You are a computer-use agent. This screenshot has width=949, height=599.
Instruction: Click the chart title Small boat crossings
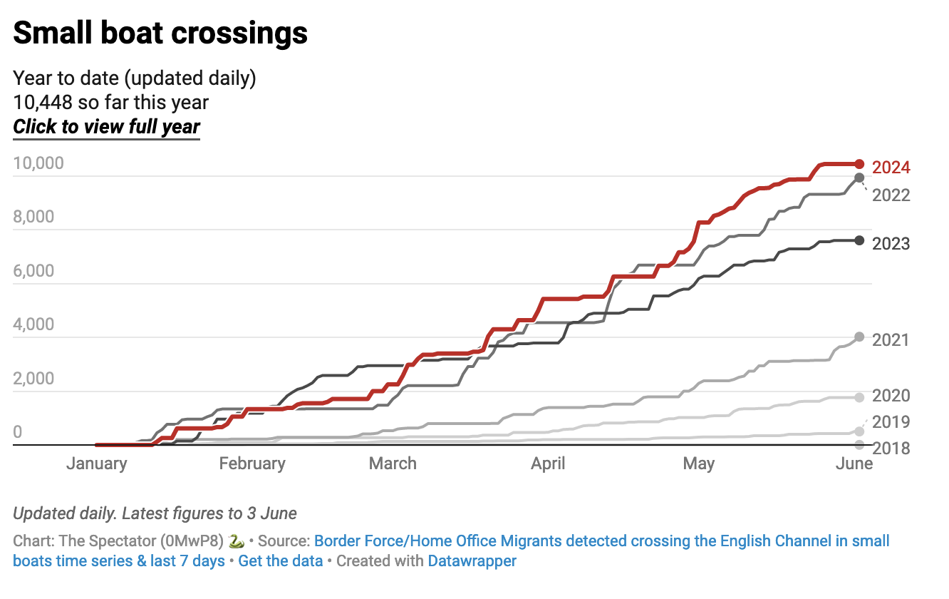(x=160, y=33)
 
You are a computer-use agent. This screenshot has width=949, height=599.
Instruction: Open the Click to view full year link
(x=107, y=127)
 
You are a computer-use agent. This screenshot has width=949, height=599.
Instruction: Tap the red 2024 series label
(x=891, y=168)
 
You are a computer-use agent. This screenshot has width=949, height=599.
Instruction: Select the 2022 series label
(x=891, y=195)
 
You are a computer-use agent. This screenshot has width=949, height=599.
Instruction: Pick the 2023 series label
(x=891, y=244)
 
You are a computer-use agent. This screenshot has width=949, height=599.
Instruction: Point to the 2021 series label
(x=891, y=340)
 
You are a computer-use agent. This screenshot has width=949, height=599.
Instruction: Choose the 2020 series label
(x=891, y=396)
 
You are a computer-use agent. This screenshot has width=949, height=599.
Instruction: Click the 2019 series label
(x=891, y=421)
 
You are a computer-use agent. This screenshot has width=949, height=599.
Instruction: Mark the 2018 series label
(x=891, y=448)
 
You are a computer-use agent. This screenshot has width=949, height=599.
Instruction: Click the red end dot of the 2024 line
(x=859, y=164)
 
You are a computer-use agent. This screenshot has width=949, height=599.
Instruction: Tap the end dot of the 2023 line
(x=859, y=240)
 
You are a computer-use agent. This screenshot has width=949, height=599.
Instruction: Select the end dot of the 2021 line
(x=859, y=337)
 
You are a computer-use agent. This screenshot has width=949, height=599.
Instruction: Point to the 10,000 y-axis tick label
(x=38, y=163)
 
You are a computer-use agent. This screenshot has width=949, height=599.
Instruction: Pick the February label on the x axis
(x=252, y=464)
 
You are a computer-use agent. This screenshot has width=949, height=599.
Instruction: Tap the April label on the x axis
(x=548, y=464)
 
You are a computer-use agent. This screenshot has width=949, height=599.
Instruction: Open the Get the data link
(x=279, y=560)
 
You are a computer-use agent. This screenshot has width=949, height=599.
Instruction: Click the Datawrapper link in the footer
(x=472, y=560)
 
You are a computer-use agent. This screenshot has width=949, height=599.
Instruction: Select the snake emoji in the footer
(x=237, y=541)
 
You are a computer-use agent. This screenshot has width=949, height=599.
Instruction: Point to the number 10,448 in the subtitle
(x=43, y=103)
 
